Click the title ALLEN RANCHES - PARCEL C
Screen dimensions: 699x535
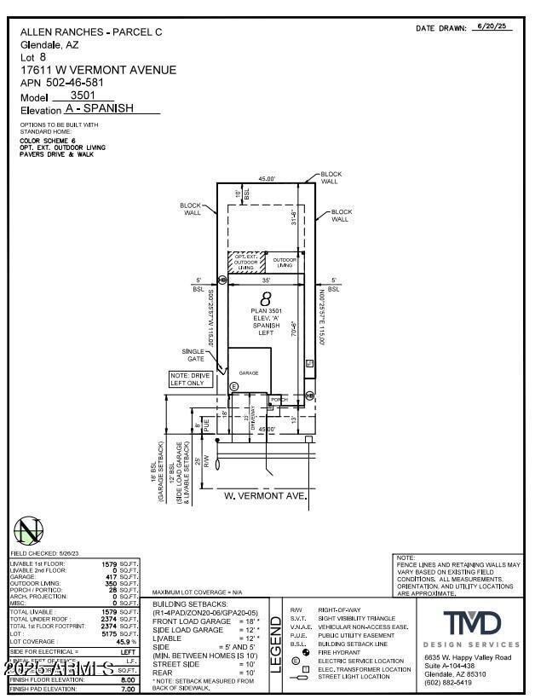click(x=90, y=32)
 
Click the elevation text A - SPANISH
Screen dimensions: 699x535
click(x=112, y=110)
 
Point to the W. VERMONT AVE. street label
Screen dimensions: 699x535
click(x=265, y=494)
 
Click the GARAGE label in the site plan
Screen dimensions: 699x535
click(x=249, y=373)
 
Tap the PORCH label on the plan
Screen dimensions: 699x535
click(x=279, y=398)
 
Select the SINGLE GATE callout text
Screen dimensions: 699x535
click(x=193, y=355)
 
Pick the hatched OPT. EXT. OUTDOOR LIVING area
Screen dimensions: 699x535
click(x=246, y=263)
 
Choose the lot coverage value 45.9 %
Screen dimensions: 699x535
click(x=126, y=642)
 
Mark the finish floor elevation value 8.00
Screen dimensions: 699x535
click(x=128, y=679)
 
